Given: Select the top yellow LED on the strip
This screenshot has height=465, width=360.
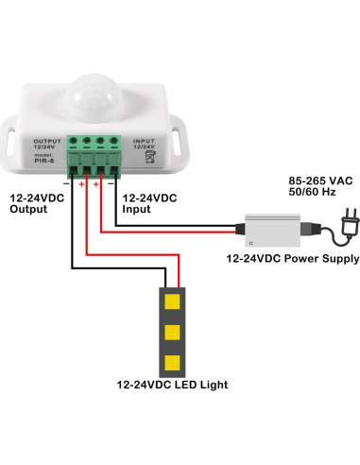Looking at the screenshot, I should point(172,302).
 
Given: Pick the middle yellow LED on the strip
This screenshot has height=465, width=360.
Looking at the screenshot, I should point(172,332).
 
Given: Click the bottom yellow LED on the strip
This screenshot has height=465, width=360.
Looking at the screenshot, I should point(172,361).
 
